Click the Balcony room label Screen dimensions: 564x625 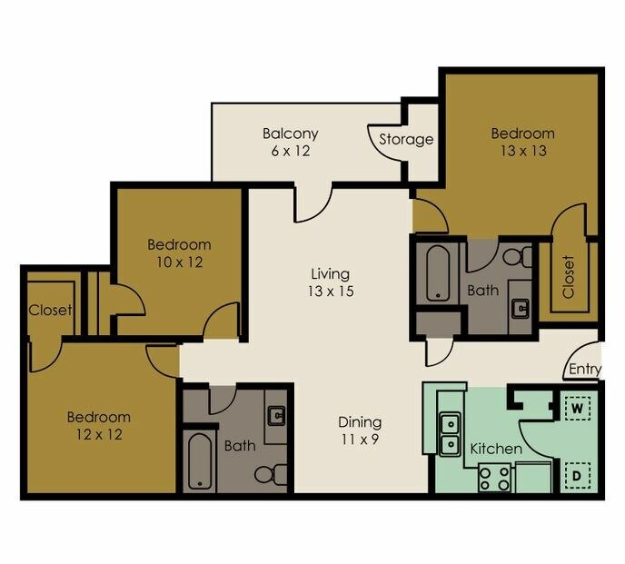pyautogui.click(x=290, y=134)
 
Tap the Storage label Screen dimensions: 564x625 pyautogui.click(x=405, y=140)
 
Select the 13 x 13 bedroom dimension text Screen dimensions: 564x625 pyautogui.click(x=522, y=151)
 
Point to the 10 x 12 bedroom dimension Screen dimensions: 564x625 pyautogui.click(x=179, y=262)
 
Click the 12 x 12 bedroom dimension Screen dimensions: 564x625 pyautogui.click(x=98, y=434)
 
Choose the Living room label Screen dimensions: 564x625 pyautogui.click(x=330, y=273)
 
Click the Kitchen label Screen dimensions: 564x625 pyautogui.click(x=495, y=449)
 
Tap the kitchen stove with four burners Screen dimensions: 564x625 pyautogui.click(x=494, y=477)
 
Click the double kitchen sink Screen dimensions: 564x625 pyautogui.click(x=450, y=435)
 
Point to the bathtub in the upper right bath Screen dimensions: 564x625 pyautogui.click(x=436, y=272)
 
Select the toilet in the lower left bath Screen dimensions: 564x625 pyautogui.click(x=266, y=473)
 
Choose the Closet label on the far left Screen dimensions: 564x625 pyautogui.click(x=49, y=310)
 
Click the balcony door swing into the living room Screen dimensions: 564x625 pyautogui.click(x=311, y=205)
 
